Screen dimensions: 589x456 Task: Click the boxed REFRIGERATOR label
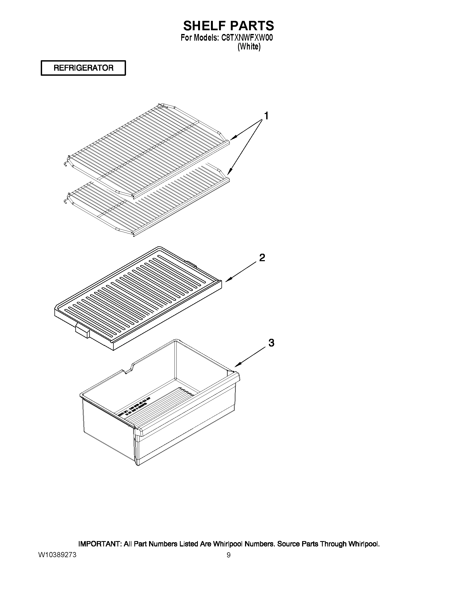83,68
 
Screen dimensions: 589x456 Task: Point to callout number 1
266,116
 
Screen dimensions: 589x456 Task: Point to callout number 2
262,258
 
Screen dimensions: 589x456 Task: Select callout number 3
271,343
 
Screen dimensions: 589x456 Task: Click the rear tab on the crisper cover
191,263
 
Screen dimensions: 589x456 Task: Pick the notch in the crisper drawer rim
129,368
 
